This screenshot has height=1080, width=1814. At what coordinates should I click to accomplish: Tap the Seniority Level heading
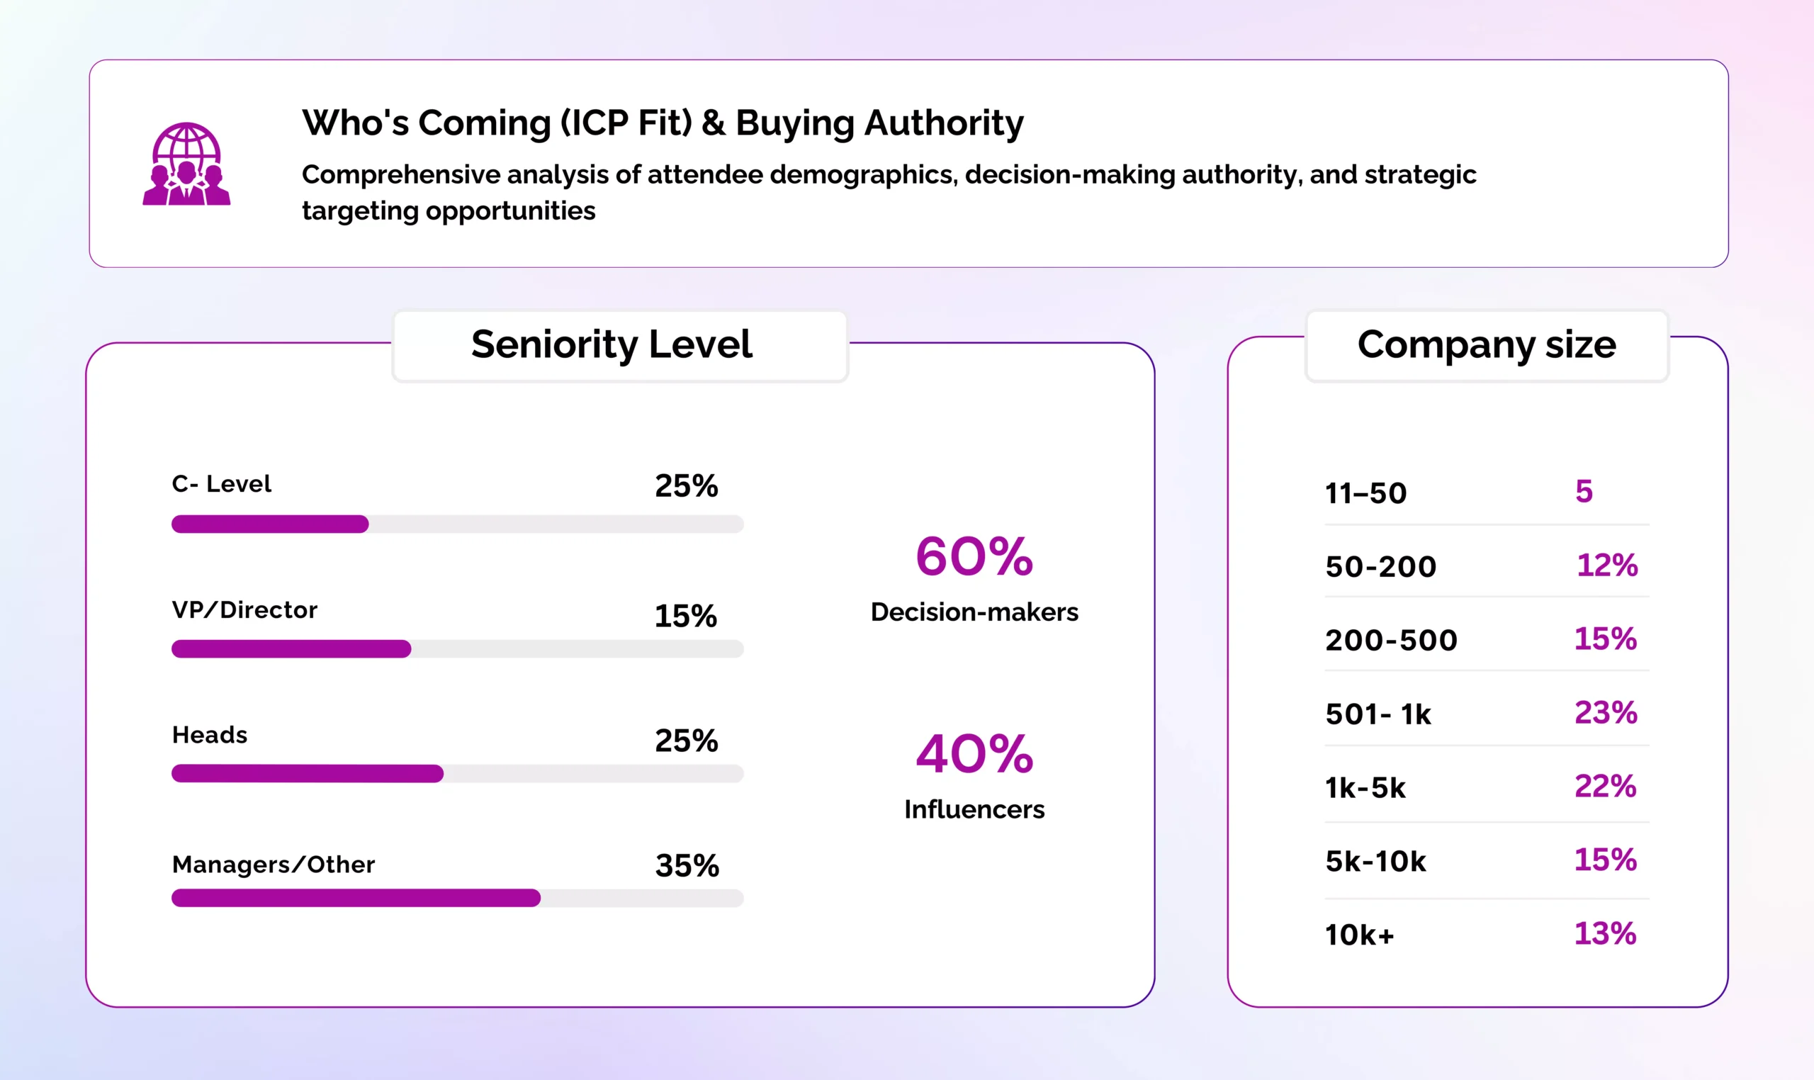pos(612,344)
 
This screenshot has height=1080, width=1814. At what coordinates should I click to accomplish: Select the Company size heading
pos(1486,344)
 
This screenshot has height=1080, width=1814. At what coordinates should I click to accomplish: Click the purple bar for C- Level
pos(270,524)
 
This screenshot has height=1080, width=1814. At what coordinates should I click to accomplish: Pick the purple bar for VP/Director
pos(291,648)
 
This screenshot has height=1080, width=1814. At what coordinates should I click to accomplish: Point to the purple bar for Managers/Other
pos(356,897)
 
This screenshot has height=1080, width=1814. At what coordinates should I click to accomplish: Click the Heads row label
pos(210,735)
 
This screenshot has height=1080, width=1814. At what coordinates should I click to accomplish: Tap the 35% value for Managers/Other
pos(687,865)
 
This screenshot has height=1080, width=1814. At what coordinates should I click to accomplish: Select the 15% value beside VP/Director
pos(685,617)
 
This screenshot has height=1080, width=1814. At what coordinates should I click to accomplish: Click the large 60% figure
pos(974,557)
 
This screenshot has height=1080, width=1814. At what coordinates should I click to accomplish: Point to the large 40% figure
pos(974,754)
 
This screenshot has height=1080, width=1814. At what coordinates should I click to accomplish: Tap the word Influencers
pos(974,809)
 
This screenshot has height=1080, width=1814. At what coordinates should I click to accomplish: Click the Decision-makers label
pos(974,612)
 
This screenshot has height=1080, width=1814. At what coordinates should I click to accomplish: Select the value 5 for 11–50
pos(1584,492)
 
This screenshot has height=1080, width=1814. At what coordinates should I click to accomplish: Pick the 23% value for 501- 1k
pos(1606,712)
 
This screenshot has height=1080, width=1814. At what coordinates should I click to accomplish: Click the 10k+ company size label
pos(1359,935)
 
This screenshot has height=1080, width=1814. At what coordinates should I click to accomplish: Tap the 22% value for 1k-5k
pos(1605,786)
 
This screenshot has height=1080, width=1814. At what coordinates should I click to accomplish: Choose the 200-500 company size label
pos(1391,641)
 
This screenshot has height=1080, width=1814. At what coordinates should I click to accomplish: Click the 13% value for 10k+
pos(1605,933)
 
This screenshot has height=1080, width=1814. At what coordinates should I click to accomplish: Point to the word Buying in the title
pos(794,123)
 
